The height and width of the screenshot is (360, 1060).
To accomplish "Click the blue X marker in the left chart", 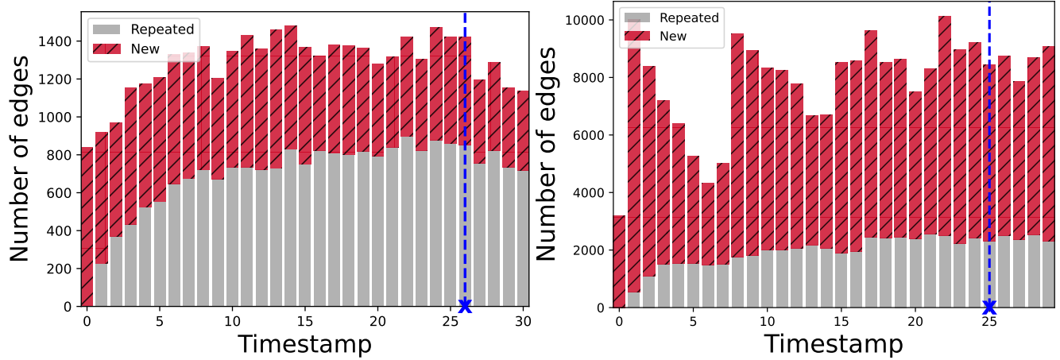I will click(465, 306).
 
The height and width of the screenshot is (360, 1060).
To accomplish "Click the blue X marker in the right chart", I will click(989, 307).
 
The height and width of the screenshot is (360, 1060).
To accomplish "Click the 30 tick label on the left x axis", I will click(523, 322).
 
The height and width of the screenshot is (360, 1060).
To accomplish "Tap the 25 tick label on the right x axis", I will click(989, 323).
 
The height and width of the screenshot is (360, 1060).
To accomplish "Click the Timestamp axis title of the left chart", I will click(304, 345).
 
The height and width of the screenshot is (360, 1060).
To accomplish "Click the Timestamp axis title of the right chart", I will click(834, 345).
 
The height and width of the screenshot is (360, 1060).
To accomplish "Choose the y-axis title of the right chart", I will click(547, 159).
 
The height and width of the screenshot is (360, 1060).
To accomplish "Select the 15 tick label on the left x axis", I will click(305, 322).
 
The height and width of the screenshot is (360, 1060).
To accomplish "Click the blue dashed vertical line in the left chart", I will click(465, 159).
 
